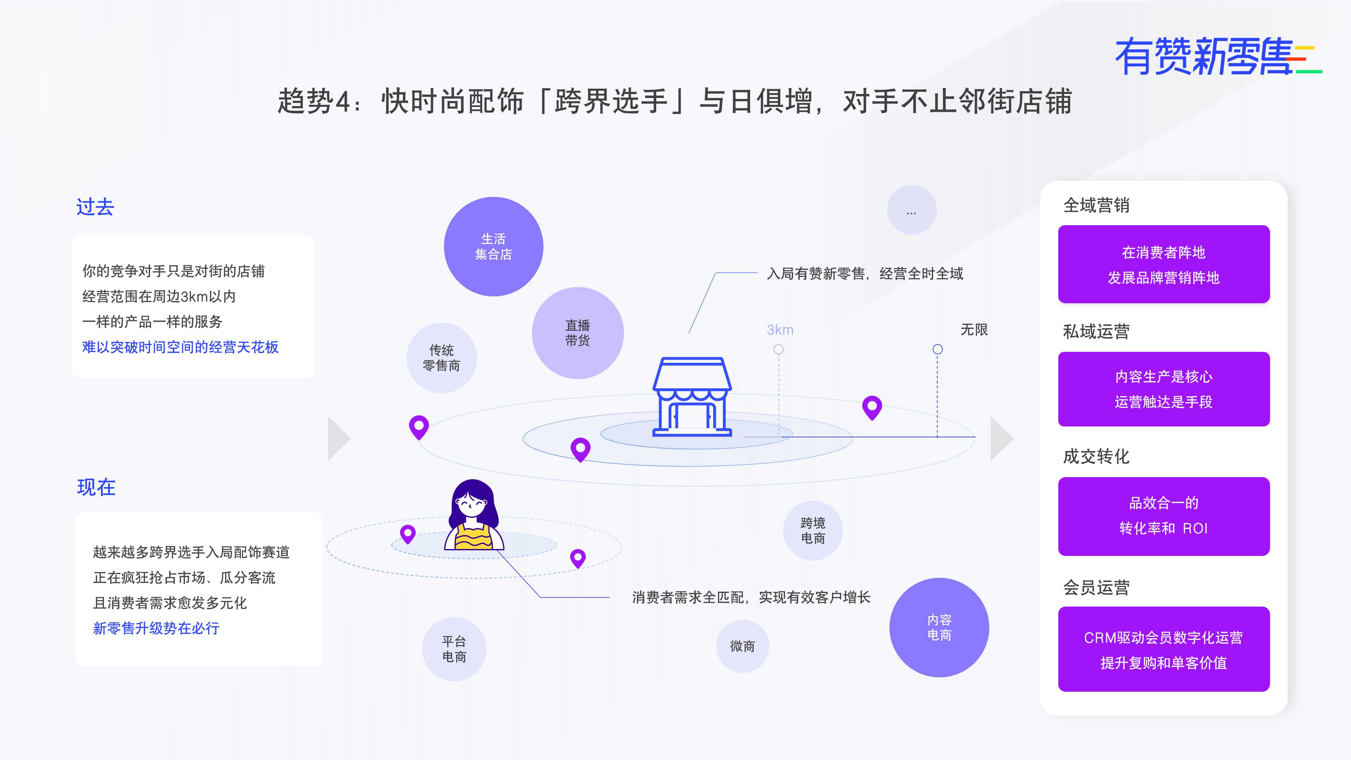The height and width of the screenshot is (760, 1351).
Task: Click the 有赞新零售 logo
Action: pos(1218,56)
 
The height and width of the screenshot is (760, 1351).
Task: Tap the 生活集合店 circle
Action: pos(494,247)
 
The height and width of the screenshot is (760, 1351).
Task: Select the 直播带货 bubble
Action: pos(577,333)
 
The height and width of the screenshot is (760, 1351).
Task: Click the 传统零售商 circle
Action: pos(442,358)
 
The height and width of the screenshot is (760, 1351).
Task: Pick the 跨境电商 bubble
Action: pos(813,530)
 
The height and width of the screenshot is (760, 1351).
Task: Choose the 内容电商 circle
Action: pos(939,627)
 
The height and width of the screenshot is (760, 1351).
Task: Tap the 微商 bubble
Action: pos(743,646)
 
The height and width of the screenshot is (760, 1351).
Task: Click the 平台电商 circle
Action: pos(454,649)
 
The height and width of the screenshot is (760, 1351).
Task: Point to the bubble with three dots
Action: pos(912,210)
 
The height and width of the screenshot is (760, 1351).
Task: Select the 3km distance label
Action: pos(780,330)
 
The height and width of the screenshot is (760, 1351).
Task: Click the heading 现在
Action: pos(96,487)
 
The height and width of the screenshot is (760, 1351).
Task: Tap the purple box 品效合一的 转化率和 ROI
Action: pos(1164,516)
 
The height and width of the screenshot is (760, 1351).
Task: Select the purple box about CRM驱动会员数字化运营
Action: pos(1164,649)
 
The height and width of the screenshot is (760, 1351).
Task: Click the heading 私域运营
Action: pos(1096,331)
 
